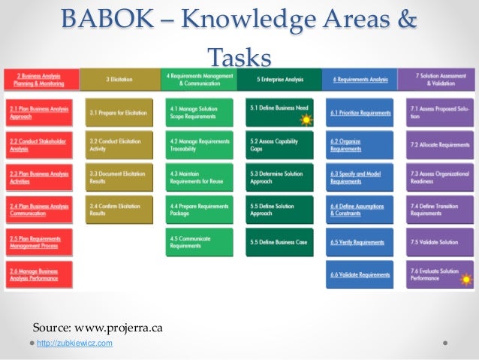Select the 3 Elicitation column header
coord(119,79)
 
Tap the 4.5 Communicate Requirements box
coord(199,242)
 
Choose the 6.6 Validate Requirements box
coord(359,275)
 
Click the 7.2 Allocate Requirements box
coord(439,144)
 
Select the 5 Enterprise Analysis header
coord(279,79)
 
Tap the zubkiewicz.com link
coord(75,343)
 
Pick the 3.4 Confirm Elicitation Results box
coord(119,210)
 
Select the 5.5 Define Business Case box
coord(279,242)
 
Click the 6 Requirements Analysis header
coord(359,79)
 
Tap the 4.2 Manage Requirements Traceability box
coord(199,144)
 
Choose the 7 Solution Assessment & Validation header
coord(439,79)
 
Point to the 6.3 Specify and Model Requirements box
coord(359,177)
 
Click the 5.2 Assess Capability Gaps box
coord(279,144)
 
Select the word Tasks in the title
coord(239,57)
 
